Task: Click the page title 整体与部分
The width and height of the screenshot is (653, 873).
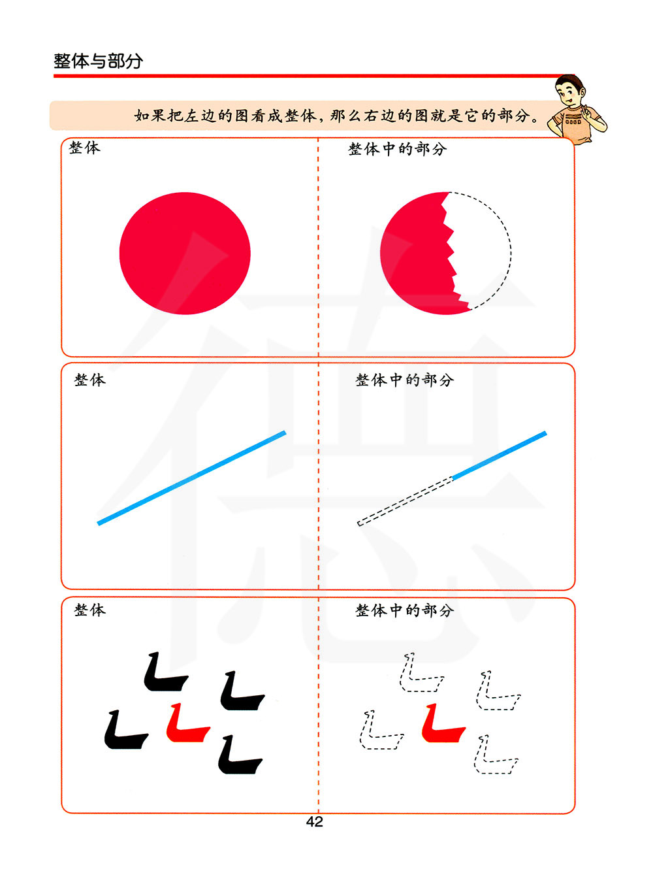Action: pos(98,61)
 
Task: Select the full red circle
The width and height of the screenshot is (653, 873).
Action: pos(185,254)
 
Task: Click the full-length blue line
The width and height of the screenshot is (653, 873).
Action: pos(191,478)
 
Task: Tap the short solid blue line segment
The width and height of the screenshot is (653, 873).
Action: pos(500,455)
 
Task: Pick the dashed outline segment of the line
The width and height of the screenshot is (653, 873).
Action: pos(406,501)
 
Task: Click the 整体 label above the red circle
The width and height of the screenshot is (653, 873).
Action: pos(85,148)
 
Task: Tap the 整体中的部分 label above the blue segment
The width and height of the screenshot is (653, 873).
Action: pos(405,380)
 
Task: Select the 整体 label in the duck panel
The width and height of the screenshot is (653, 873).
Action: pos(90,610)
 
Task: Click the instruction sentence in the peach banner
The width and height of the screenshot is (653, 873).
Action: pos(336,116)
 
